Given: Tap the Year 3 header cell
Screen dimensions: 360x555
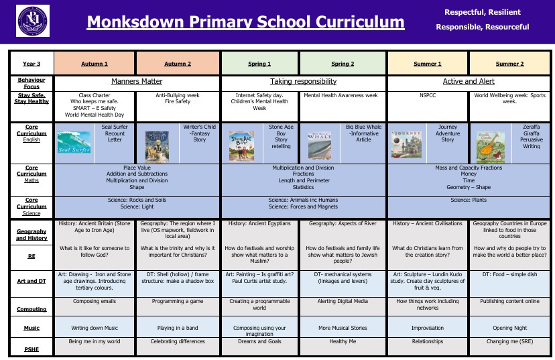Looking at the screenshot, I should point(31,64).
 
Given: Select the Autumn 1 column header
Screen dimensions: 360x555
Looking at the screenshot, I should point(95,64).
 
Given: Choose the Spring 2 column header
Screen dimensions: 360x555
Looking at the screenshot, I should point(343,64).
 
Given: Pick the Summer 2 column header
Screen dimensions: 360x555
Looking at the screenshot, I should point(509,64).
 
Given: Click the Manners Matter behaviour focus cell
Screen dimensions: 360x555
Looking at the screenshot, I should point(137,81).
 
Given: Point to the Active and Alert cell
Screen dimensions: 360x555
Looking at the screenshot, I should point(469,81).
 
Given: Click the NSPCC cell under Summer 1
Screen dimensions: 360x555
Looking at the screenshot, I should point(428,96).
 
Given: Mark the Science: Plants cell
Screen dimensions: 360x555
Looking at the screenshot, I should point(469,200).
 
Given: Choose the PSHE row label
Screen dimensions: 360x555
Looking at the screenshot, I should point(31,348).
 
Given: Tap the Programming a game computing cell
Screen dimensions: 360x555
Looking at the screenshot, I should point(179,302).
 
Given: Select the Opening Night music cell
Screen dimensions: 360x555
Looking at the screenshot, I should point(509,328).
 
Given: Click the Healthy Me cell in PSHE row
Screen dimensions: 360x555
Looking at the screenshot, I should point(343,341).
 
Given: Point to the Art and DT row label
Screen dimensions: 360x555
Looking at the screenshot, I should point(31,282).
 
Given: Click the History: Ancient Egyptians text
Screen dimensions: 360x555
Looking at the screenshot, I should point(259,223).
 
